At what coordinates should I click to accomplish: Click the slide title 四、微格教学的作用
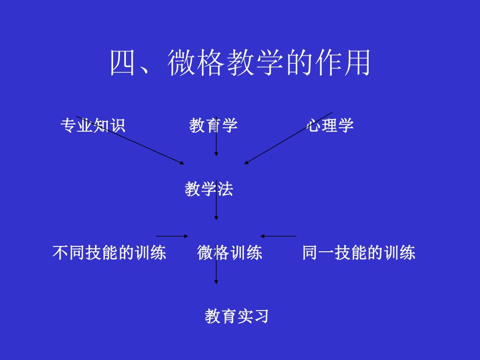pos(240,63)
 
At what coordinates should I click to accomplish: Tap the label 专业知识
pos(93,125)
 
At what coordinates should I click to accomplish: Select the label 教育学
pos(214,125)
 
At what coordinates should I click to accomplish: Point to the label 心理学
pos(330,125)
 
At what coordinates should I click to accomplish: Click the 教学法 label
pos(209,189)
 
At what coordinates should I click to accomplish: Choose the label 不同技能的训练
pos(109,253)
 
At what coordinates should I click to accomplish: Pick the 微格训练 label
pos(230,253)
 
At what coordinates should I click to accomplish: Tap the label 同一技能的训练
pos(359,253)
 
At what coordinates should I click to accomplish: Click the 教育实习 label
pos(237,316)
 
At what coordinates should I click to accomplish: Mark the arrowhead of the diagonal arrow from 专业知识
pos(182,163)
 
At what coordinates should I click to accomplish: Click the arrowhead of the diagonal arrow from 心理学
pos(246,163)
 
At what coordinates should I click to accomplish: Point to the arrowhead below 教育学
pos(216,154)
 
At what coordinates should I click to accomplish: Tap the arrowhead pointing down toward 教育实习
pos(216,282)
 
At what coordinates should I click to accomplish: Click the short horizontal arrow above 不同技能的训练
pos(172,236)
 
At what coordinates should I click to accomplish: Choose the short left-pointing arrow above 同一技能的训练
pos(278,236)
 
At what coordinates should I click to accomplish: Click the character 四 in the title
pos(122,63)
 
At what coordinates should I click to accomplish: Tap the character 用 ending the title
pos(358,63)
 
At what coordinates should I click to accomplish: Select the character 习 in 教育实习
pos(261,316)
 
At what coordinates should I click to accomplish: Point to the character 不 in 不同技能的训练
pos(60,253)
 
